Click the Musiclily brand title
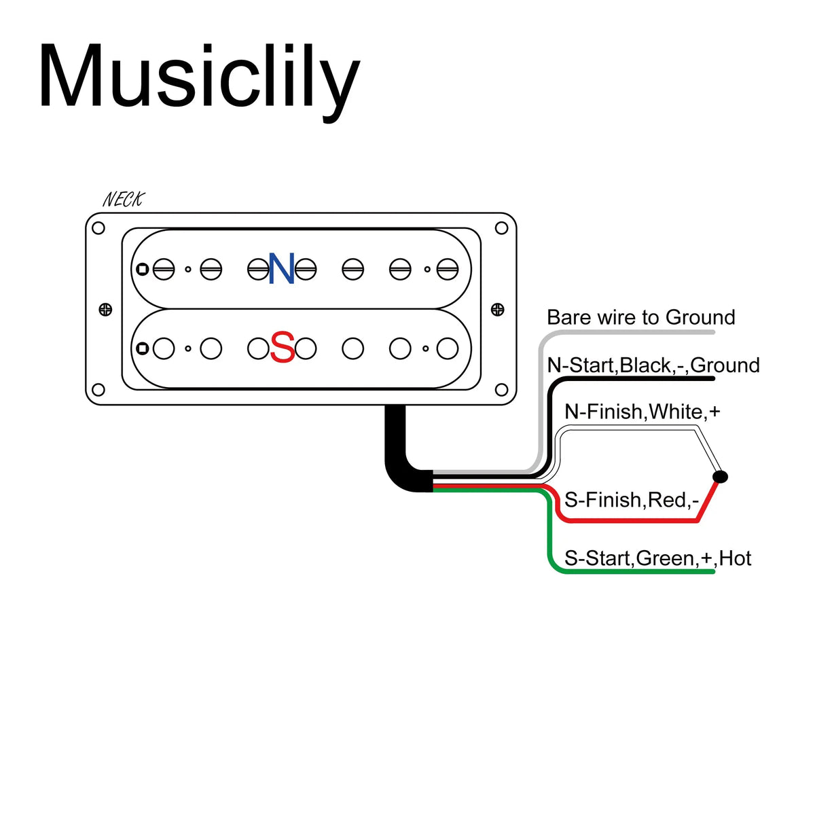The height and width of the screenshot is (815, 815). pos(199,80)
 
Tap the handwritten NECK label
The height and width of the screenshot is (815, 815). pos(124,200)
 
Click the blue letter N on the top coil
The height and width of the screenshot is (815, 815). pos(281,268)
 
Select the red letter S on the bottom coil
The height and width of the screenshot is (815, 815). pos(282,347)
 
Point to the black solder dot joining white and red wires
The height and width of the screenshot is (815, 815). pos(720,477)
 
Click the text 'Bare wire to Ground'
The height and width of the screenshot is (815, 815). pos(640,317)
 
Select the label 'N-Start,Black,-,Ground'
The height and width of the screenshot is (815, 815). pos(653,365)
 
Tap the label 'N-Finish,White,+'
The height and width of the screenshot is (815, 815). pos(642,412)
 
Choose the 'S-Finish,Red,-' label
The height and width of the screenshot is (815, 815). pos(632,500)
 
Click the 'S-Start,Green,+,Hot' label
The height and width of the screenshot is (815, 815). pos(657,558)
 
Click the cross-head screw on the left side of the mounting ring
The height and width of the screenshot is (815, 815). pos(105,310)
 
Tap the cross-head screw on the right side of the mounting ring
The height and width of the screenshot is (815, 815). pos(497,310)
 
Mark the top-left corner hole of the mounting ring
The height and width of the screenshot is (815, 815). pos(98,228)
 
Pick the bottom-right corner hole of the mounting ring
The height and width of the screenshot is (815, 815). pos(501,390)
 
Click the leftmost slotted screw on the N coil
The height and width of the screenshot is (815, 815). pos(164,269)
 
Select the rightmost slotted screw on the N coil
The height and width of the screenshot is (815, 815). pos(448,269)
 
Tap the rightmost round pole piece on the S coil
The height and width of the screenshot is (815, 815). pos(448,348)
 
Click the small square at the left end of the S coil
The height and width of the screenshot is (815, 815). pos(143,348)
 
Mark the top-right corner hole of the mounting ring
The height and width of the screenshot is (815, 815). pos(501,228)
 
